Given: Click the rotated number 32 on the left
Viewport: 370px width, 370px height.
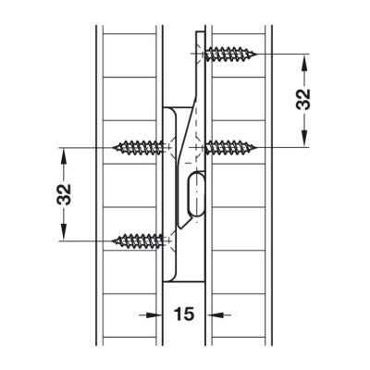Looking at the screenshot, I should (x=64, y=193).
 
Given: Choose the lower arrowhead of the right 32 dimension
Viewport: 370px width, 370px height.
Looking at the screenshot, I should (x=304, y=140).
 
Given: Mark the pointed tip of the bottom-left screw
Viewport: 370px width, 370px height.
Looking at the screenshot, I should (x=115, y=240).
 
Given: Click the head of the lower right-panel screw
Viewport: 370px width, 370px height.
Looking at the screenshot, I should (x=205, y=146).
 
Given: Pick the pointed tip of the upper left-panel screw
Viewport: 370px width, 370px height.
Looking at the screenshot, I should (x=115, y=146).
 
